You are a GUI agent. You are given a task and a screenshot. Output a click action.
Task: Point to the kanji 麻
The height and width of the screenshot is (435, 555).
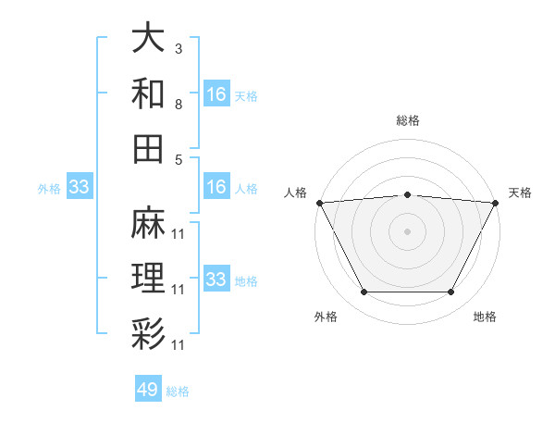click(x=148, y=223)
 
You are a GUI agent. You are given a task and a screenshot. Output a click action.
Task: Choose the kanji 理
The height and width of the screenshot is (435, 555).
click(x=148, y=277)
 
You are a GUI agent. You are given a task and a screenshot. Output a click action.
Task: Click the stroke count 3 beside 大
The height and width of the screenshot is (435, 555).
click(x=179, y=48)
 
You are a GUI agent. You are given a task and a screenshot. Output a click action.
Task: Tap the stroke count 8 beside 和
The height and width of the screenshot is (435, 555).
click(x=179, y=105)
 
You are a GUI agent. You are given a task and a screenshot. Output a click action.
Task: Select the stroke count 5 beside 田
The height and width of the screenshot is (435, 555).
click(x=179, y=159)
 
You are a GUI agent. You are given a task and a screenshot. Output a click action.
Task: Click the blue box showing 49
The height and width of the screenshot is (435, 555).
click(x=148, y=390)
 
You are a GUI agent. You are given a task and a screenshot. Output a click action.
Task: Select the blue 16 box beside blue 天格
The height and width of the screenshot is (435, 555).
click(x=216, y=93)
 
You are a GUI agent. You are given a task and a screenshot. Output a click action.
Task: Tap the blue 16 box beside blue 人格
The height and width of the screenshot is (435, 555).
click(x=216, y=188)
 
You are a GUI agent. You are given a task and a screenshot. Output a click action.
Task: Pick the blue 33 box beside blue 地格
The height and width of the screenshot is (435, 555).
click(x=216, y=280)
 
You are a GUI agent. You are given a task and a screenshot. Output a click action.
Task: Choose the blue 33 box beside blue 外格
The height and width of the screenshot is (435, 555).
click(x=79, y=188)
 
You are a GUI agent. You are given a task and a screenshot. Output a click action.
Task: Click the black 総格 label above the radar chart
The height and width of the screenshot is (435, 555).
click(x=407, y=121)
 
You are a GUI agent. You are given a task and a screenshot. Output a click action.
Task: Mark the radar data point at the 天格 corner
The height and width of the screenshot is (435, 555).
click(x=495, y=203)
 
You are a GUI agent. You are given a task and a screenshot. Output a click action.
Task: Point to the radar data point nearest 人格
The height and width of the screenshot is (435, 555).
click(x=319, y=203)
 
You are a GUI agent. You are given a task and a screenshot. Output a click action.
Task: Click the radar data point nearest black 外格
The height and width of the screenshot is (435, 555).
click(x=364, y=292)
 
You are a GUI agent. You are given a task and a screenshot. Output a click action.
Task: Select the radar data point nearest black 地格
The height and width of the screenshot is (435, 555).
click(x=451, y=292)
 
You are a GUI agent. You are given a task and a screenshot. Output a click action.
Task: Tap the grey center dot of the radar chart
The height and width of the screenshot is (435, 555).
click(x=407, y=230)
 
